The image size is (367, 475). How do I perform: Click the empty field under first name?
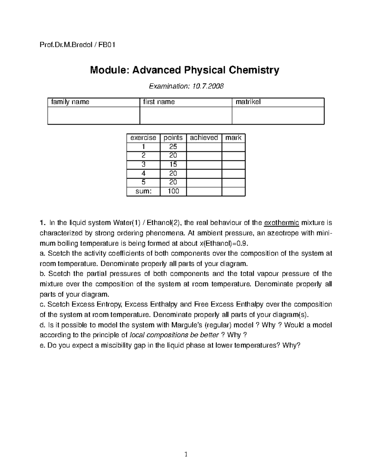(x=186, y=116)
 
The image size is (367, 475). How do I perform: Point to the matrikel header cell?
(x=248, y=102)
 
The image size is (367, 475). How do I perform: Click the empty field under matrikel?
(x=278, y=116)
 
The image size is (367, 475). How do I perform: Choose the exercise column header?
(x=143, y=138)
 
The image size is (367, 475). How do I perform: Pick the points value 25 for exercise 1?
(x=173, y=147)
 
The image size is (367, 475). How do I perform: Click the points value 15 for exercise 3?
(x=173, y=165)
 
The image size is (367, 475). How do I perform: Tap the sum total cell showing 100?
(x=173, y=191)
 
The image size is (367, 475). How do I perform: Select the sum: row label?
(x=143, y=191)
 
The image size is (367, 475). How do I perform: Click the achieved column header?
(x=204, y=138)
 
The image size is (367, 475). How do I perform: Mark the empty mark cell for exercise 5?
(x=233, y=182)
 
